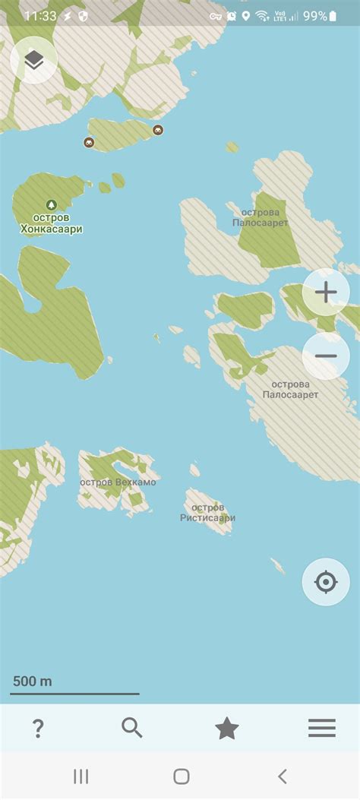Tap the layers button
(33, 60)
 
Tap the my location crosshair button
(326, 582)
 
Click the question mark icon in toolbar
(38, 729)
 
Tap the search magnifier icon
(132, 728)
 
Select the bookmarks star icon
(227, 729)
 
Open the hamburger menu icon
(322, 728)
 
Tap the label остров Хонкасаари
(51, 223)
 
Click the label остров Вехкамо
(118, 482)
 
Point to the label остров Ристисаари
(207, 513)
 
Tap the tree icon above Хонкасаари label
(51, 204)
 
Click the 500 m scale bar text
(33, 681)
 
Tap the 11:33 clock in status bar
(39, 15)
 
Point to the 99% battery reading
(314, 15)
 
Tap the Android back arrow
(283, 776)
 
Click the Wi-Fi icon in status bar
(261, 15)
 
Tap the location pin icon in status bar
(246, 15)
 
